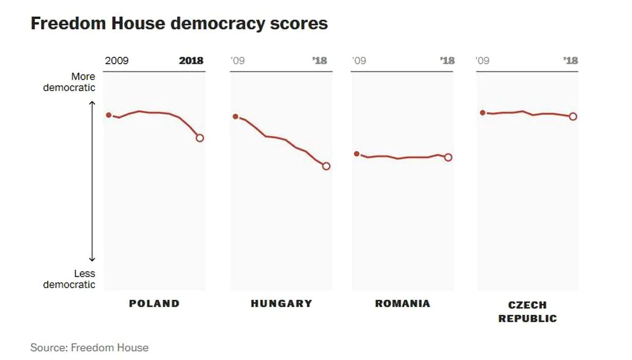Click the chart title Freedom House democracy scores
pos(179,24)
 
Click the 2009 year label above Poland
pos(117,61)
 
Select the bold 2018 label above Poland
pos(191,61)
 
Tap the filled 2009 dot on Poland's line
pos(109,115)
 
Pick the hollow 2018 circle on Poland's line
pos(200,138)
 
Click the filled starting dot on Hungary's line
pos(236,117)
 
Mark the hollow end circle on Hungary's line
pos(326,166)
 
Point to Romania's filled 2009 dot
pos(357,154)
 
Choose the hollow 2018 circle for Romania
pos(448,157)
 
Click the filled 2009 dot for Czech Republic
pos(482,112)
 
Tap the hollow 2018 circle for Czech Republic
pos(573,116)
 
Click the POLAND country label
pos(154,303)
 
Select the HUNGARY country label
pos(281,303)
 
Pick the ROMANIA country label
pos(402,303)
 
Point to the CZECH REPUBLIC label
pos(527,312)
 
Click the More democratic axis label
pos(69,82)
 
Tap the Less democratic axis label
pos(69,279)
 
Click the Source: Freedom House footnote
pos(89,348)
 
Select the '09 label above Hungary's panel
pos(238,61)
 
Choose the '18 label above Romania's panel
pos(447,61)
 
